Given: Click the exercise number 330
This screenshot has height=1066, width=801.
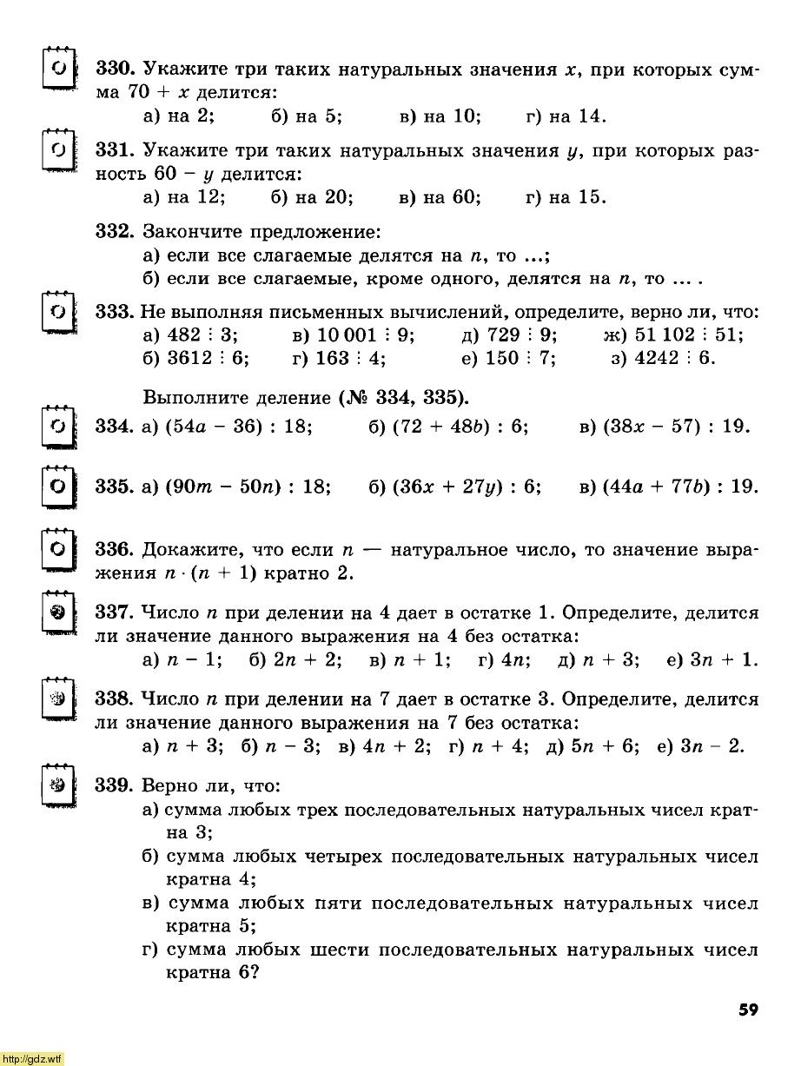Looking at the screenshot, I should click(113, 69).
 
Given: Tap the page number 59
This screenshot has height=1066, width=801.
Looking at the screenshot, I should click(748, 1010).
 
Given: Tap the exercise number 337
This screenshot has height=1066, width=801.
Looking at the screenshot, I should click(113, 613).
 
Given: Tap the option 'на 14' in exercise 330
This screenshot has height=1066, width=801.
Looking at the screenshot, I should click(578, 116).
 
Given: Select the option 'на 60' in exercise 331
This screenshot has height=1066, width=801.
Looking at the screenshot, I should click(452, 197).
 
